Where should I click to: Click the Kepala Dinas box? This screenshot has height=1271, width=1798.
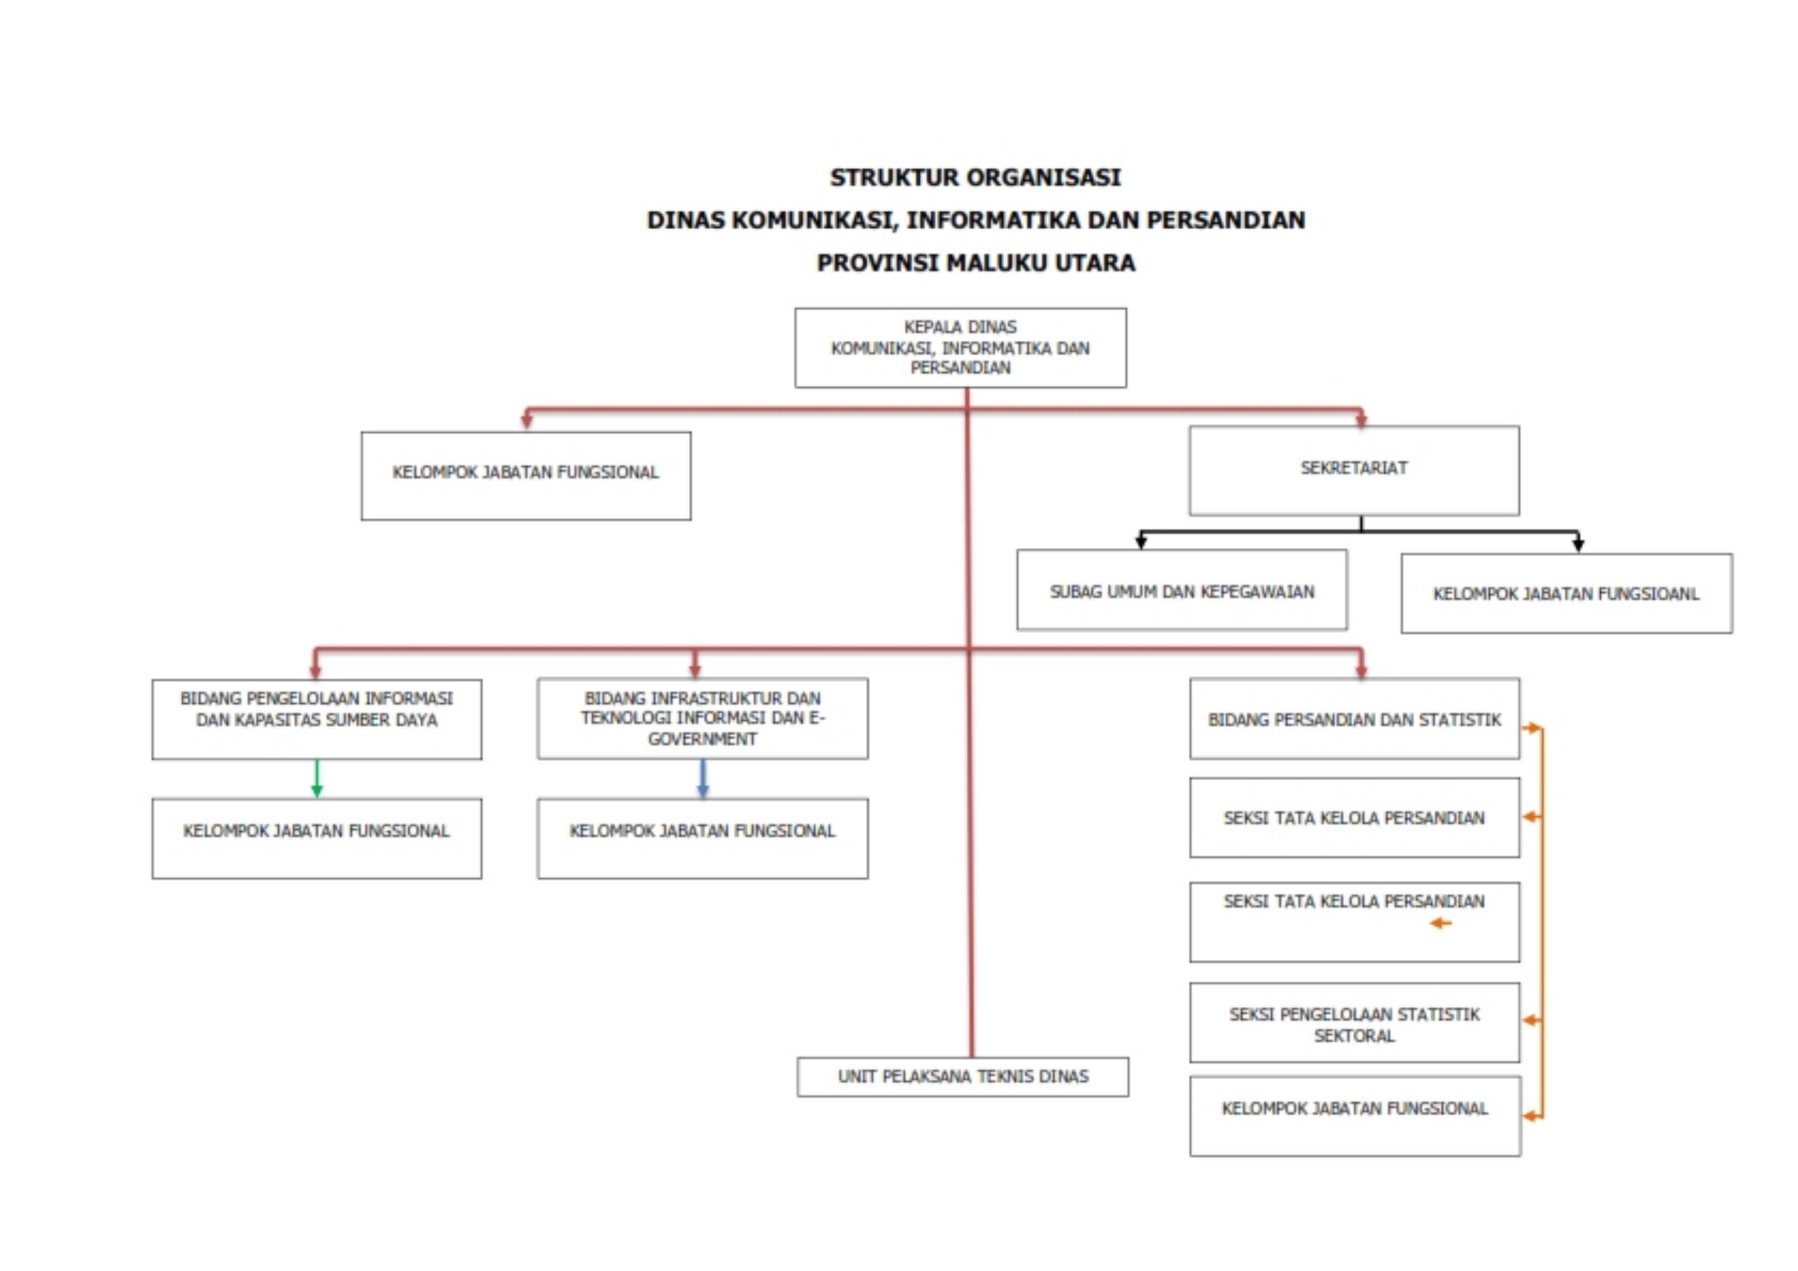point(960,347)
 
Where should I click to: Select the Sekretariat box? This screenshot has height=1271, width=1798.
point(1353,470)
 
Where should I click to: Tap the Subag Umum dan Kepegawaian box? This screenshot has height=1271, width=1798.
point(1181,590)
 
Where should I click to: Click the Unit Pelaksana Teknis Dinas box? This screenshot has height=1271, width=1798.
point(962,1076)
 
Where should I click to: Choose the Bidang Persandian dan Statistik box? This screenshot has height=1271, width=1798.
point(1354,718)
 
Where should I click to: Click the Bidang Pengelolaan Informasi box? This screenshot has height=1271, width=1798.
point(317,718)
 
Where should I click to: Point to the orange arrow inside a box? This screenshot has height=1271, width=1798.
point(1440,924)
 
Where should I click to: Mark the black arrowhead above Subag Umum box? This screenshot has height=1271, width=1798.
point(1141,542)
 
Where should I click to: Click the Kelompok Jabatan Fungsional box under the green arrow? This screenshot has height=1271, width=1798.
point(317,838)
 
